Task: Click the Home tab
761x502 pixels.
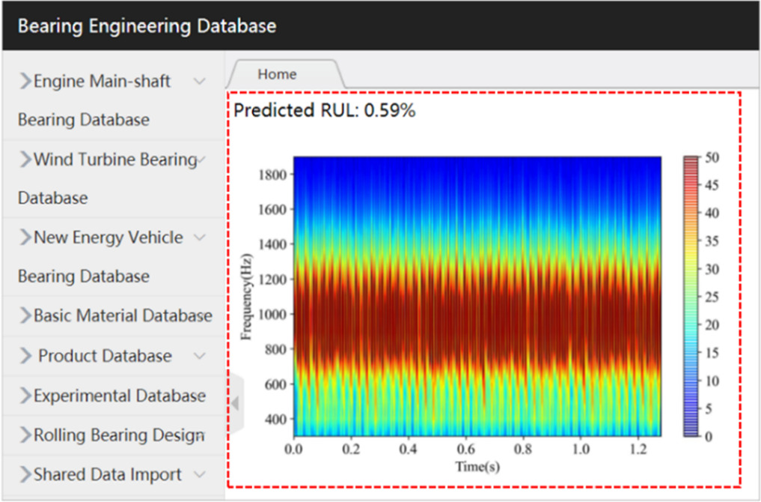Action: pos(277,74)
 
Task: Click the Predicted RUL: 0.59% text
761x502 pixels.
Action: pos(324,111)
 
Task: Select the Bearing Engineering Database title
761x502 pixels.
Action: pos(147,26)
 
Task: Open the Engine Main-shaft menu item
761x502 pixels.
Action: pos(103,81)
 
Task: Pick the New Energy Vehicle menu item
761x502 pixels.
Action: pos(108,238)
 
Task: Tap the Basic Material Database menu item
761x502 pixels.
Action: pos(123,315)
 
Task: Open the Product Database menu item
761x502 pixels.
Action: pos(105,356)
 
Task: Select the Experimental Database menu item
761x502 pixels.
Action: pos(119,396)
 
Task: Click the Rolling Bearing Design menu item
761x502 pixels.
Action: pos(118,435)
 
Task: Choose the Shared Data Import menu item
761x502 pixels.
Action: pos(107,474)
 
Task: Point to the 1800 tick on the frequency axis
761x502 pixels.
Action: pos(273,175)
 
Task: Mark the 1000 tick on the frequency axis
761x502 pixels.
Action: pos(273,315)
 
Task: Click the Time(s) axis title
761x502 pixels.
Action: pos(477,467)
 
